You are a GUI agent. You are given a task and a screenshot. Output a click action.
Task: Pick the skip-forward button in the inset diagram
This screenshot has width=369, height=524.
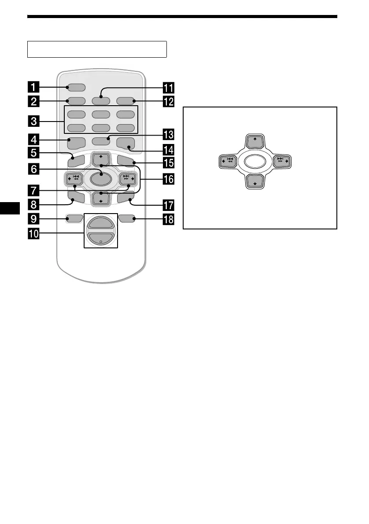(x=280, y=162)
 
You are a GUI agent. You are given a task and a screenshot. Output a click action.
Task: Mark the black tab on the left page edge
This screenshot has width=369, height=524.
(x=10, y=208)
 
